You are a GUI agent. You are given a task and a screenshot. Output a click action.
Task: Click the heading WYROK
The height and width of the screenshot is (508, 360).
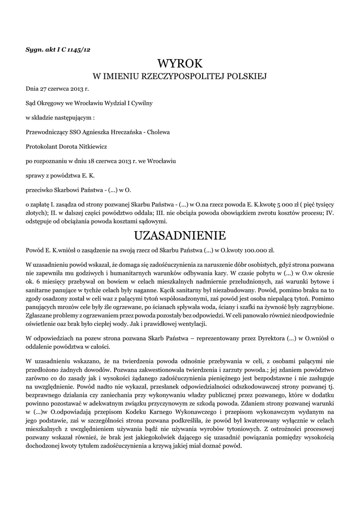click(180, 63)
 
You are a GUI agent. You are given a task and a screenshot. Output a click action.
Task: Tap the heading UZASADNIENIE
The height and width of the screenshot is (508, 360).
click(180, 234)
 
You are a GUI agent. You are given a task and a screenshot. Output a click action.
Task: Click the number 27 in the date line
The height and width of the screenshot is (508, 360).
click(46, 89)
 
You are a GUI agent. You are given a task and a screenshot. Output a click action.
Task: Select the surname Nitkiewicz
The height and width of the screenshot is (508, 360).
click(89, 147)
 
